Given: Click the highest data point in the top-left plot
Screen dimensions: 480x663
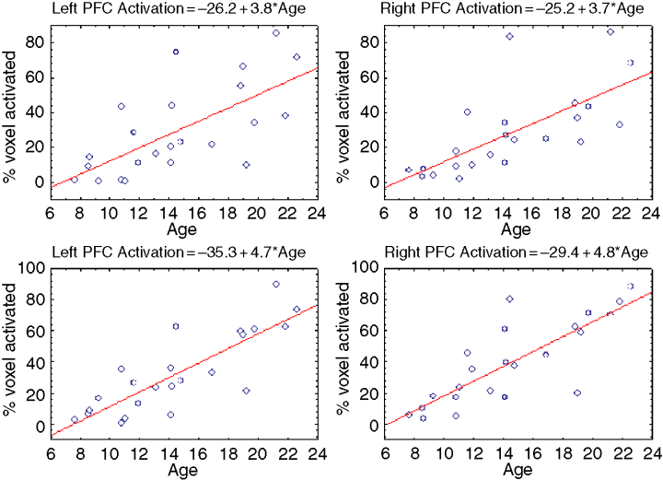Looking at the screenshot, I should click(276, 33).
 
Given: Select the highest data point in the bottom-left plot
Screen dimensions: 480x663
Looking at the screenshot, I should click(276, 285).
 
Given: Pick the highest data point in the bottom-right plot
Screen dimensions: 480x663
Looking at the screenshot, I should click(631, 287).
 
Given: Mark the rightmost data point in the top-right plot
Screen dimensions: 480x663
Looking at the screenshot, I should click(631, 63).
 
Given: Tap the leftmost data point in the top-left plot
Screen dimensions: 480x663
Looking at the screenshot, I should click(75, 180).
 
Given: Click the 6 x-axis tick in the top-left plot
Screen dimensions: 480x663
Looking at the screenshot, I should click(51, 209).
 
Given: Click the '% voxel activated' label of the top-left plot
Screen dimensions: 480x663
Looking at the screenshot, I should click(13, 109).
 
